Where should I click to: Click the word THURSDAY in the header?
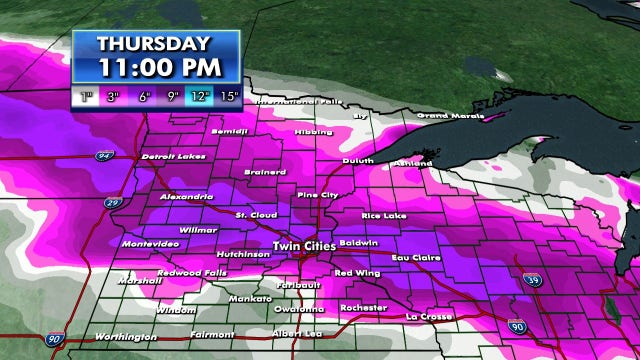[155, 44]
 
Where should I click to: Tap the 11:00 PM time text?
[155, 67]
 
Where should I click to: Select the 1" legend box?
[87, 97]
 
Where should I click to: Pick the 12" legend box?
[198, 97]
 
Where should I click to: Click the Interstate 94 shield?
[104, 157]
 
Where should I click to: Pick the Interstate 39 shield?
[534, 281]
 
